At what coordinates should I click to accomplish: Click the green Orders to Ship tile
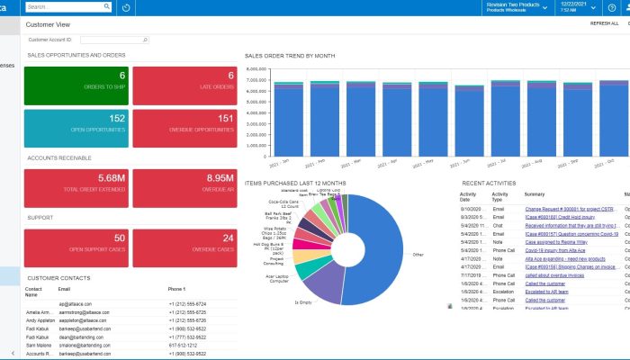pyautogui.click(x=76, y=85)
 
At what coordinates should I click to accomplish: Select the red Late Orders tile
pyautogui.click(x=184, y=85)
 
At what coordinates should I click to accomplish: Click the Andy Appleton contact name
pyautogui.click(x=40, y=319)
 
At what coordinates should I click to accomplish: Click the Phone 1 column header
pyautogui.click(x=178, y=289)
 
